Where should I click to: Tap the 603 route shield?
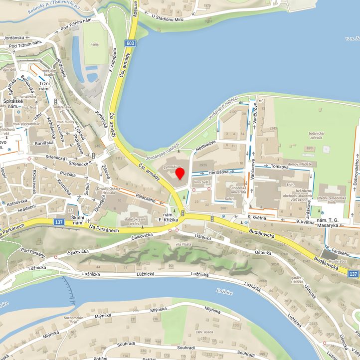click(131, 43)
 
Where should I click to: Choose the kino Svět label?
click(202, 182)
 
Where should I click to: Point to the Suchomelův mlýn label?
click(73, 320)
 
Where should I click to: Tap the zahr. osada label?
click(205, 332)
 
